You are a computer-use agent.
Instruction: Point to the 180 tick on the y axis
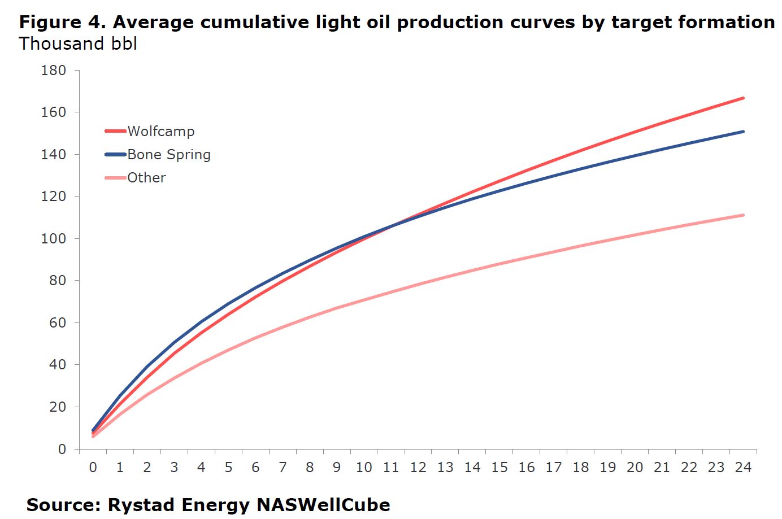point(54,71)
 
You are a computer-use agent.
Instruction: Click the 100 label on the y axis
point(54,238)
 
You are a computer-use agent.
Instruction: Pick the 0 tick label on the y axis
point(62,449)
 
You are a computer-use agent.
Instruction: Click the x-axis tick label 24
point(743,467)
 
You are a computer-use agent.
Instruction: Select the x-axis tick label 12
point(418,467)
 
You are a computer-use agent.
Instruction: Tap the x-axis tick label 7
point(283,467)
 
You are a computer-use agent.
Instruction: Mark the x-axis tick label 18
point(580,467)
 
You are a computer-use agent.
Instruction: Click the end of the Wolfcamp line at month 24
point(743,98)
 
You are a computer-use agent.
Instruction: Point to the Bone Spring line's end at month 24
point(743,132)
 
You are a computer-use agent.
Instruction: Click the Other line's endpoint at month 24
point(743,215)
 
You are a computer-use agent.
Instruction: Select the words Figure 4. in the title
point(63,22)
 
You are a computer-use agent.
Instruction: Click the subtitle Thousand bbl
point(78,43)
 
